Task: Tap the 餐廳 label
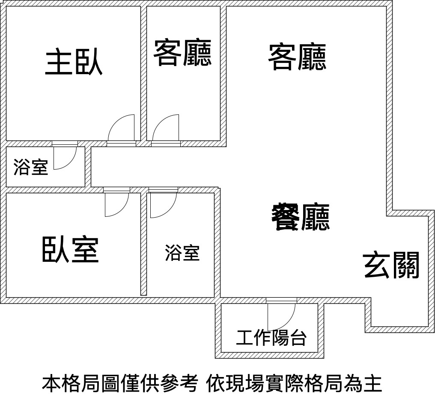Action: [x=301, y=217]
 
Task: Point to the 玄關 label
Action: [x=391, y=265]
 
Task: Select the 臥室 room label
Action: [x=71, y=249]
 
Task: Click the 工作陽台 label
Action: [x=271, y=338]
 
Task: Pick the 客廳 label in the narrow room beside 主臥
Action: [x=182, y=53]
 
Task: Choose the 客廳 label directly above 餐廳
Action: [x=297, y=57]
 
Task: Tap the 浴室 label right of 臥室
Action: [x=182, y=253]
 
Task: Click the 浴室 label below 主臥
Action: [x=31, y=167]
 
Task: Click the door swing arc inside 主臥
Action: [x=116, y=122]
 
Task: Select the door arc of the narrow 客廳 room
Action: [x=161, y=122]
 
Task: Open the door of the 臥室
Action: [x=121, y=209]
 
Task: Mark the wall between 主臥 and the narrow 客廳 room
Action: [x=143, y=73]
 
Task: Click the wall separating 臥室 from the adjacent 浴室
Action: [x=143, y=244]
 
